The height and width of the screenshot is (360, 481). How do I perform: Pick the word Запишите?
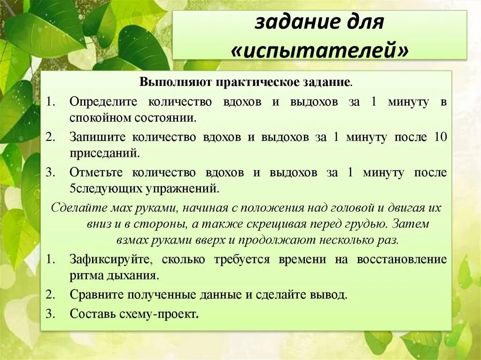98,138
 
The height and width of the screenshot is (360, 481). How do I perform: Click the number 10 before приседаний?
441,138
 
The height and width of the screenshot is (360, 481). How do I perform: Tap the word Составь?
93,314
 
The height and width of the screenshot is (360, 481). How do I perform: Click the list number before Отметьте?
50,173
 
